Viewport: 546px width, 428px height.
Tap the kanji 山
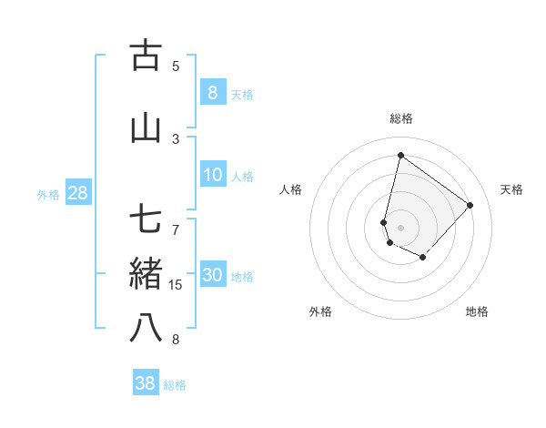[146, 127]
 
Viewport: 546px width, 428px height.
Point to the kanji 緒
[146, 273]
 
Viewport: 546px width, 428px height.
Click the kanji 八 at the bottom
[146, 328]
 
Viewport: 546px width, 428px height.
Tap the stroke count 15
[176, 285]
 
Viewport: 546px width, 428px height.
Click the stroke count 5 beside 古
[176, 66]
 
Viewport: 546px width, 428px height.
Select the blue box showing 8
[212, 92]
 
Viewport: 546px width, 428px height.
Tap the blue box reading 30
[212, 275]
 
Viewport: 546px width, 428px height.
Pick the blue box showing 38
[146, 383]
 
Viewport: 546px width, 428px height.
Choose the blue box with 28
[77, 192]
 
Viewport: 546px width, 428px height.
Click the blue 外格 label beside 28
[48, 194]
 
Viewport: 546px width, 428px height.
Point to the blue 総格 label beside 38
[175, 385]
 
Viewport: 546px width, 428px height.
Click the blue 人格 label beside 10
[242, 177]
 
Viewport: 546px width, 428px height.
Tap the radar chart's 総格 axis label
[400, 118]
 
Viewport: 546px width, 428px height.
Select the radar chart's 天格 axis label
[511, 189]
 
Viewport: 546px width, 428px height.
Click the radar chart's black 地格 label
[477, 311]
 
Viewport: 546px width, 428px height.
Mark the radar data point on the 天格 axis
[470, 205]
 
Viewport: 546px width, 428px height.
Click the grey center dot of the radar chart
[400, 228]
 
